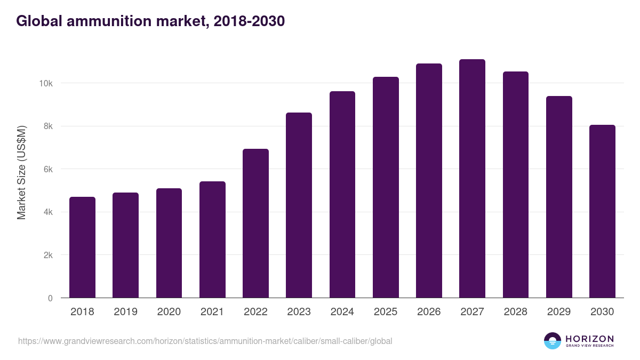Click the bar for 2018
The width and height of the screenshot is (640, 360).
click(x=82, y=247)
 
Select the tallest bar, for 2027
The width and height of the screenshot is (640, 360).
click(x=472, y=179)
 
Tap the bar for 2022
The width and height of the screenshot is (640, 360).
click(x=255, y=223)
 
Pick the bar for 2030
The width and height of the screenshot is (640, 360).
click(x=602, y=211)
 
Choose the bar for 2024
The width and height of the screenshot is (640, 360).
click(x=342, y=195)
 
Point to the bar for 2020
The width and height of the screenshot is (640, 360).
click(x=169, y=243)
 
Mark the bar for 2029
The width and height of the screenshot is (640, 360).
click(x=559, y=197)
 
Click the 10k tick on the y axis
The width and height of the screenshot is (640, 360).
click(x=45, y=84)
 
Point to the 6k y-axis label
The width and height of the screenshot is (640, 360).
click(x=47, y=170)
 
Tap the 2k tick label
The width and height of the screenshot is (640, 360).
click(x=47, y=255)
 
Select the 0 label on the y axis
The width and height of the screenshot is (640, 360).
click(x=50, y=298)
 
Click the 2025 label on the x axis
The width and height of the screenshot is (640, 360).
click(x=386, y=312)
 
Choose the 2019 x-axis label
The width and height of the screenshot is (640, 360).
click(x=125, y=312)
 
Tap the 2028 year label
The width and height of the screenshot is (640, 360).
click(x=516, y=312)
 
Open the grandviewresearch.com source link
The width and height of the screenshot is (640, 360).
click(x=205, y=341)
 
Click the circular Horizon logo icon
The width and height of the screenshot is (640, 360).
click(x=553, y=341)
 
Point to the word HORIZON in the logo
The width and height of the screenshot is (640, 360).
click(x=589, y=338)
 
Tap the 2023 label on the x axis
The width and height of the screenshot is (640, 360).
click(x=299, y=312)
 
